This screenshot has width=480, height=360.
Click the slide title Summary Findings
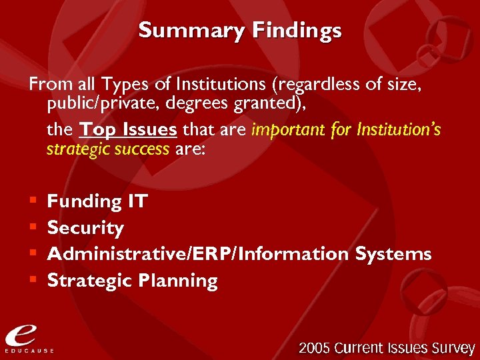coord(240,31)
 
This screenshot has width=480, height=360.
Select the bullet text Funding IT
coord(97,201)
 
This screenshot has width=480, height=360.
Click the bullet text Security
coord(85,228)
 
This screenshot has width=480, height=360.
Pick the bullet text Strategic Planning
coord(132,281)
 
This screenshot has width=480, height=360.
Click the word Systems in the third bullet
coord(393,254)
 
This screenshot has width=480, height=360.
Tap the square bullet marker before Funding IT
coord(33,201)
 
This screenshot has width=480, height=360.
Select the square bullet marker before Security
coord(33,228)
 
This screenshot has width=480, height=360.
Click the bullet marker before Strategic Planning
coord(33,281)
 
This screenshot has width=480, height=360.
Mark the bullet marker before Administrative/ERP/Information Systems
coord(33,254)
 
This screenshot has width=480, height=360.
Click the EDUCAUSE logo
coord(29,336)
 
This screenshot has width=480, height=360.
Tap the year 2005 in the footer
coord(314,348)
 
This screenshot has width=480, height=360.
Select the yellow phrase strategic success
coord(107,149)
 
